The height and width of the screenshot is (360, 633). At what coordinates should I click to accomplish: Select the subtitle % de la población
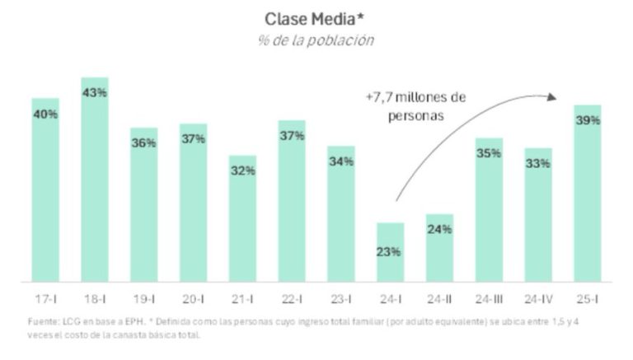tap(316, 40)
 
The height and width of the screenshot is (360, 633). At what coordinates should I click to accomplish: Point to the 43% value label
tap(95, 92)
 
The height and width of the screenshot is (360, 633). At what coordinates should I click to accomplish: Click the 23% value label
tap(390, 251)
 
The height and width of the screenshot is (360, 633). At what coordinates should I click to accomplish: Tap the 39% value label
tap(588, 120)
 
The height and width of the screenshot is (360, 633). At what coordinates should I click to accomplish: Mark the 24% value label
tap(439, 229)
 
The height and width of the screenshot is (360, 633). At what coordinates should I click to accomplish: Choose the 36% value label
tap(144, 143)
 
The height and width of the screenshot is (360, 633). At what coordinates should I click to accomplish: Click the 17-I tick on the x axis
tap(45, 294)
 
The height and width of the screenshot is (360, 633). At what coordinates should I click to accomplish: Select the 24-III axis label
tap(489, 294)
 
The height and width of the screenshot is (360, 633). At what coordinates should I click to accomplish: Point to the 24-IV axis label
tap(538, 294)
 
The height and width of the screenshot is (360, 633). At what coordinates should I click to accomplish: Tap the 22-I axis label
tap(292, 294)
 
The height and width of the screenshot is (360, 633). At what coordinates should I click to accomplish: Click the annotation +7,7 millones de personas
tap(416, 106)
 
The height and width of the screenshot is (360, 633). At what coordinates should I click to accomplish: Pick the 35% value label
tap(489, 152)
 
